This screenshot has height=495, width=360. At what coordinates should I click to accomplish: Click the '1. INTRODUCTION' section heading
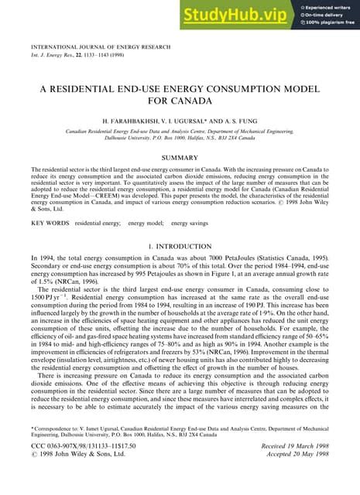click(179, 245)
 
